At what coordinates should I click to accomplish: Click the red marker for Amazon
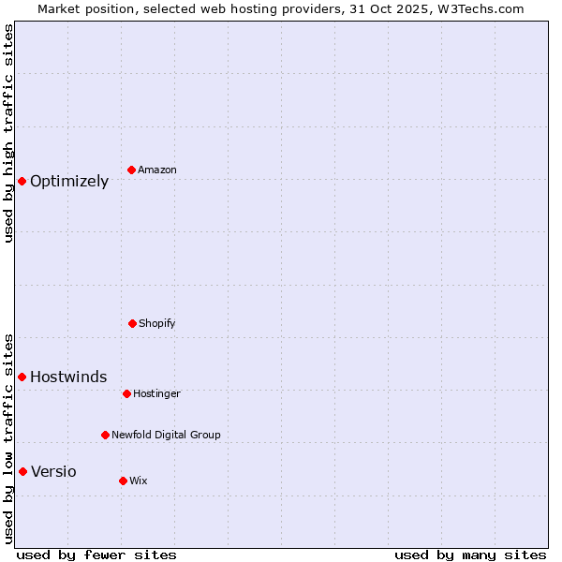click(x=131, y=170)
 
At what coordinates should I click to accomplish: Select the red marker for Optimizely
click(x=22, y=181)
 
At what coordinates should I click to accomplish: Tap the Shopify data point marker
click(x=132, y=323)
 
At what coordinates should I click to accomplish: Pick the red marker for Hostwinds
click(x=22, y=377)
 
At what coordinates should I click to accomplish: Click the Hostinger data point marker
click(x=126, y=393)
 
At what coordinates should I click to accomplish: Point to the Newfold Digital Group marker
click(x=105, y=435)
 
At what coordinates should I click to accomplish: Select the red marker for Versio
click(x=22, y=471)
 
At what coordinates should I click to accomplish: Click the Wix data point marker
click(x=123, y=481)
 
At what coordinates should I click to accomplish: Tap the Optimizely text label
click(x=69, y=182)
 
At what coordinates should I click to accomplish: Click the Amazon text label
click(x=157, y=170)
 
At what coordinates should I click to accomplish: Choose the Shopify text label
click(x=157, y=323)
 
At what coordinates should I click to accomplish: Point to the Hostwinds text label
click(x=68, y=377)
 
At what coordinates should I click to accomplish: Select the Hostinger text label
click(x=156, y=393)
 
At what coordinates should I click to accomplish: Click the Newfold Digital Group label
click(x=166, y=435)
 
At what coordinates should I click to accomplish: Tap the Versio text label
click(x=53, y=472)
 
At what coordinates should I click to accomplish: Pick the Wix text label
click(x=139, y=481)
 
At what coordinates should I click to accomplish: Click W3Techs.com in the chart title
click(x=478, y=8)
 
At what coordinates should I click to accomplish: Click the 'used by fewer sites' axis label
click(x=96, y=555)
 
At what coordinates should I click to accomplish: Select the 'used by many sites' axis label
click(x=470, y=555)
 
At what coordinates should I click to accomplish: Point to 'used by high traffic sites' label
click(x=9, y=133)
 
